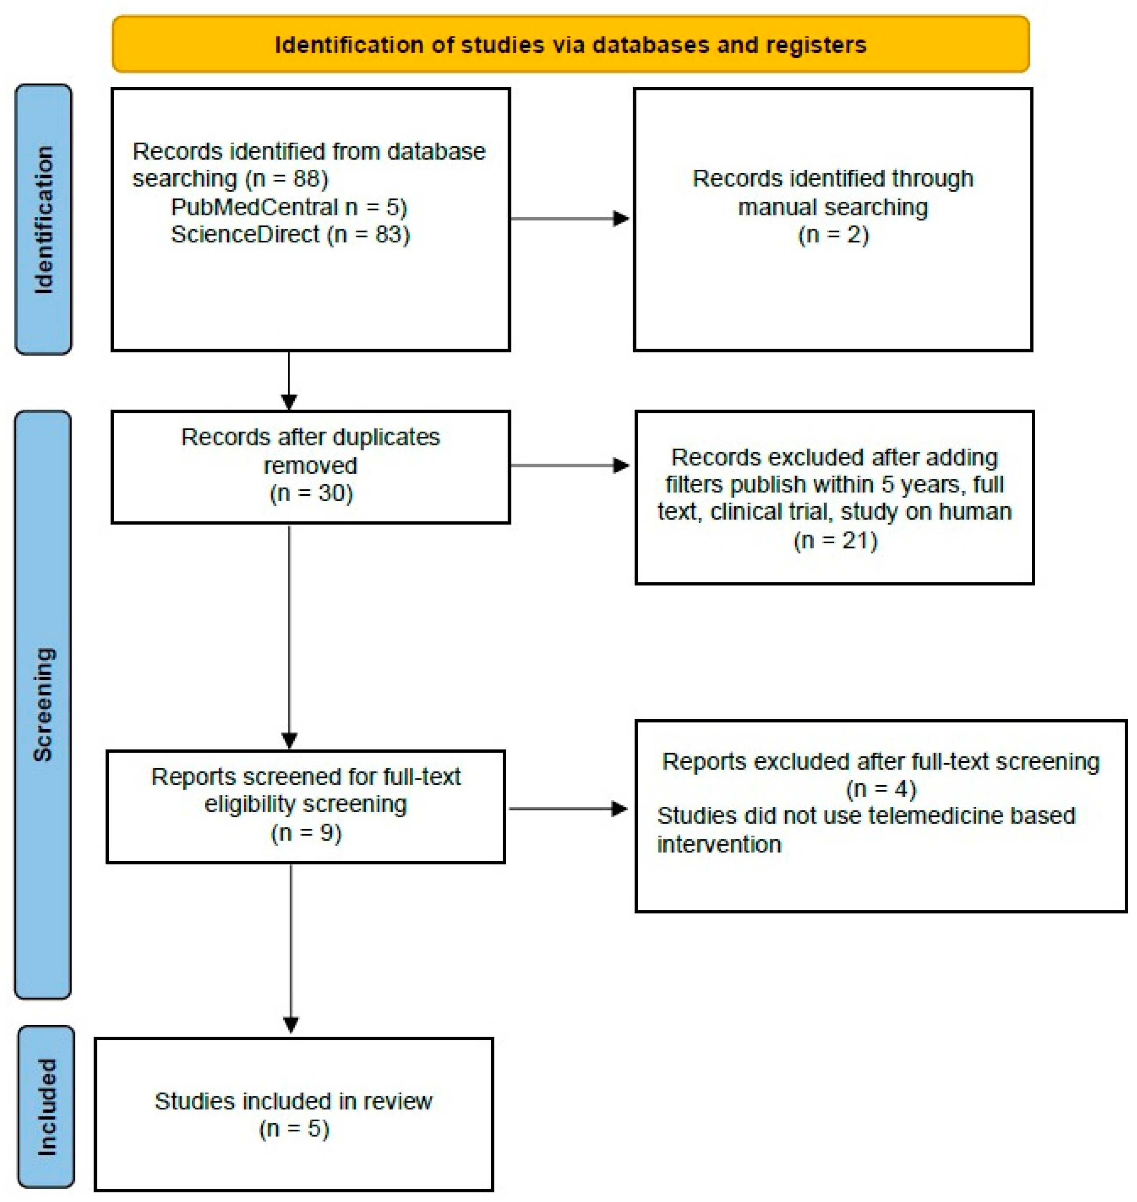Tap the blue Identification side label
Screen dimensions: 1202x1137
[43, 219]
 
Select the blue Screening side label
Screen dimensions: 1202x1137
[43, 705]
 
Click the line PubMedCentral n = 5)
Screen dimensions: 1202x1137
[289, 207]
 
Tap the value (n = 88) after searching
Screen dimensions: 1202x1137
[287, 179]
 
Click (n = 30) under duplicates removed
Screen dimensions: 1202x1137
[311, 493]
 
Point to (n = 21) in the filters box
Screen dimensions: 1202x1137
[835, 540]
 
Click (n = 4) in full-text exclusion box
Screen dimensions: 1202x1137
[881, 789]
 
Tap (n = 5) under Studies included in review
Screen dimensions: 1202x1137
[294, 1129]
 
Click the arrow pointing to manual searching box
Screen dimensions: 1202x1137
[621, 219]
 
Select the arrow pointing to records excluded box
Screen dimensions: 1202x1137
[621, 465]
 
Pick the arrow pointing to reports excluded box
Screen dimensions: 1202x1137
[619, 808]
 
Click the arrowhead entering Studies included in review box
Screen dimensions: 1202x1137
[291, 1025]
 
